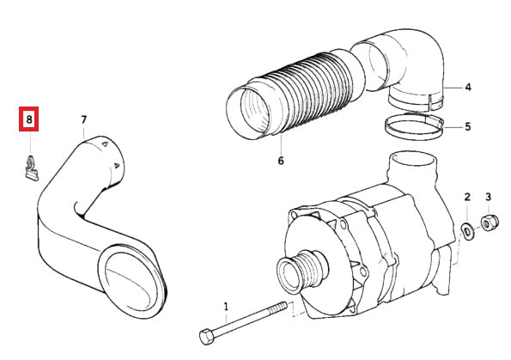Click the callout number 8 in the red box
click(29, 119)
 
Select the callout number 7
click(84, 120)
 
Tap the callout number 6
click(281, 161)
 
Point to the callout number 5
click(468, 126)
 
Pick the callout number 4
click(468, 88)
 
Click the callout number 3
click(488, 197)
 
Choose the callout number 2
click(467, 197)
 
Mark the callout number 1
click(226, 307)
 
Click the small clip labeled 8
click(32, 169)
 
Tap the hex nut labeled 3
click(490, 223)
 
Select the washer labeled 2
click(468, 231)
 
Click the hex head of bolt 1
click(207, 337)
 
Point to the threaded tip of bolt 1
click(283, 307)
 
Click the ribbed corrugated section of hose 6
click(313, 91)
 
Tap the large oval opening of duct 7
click(133, 280)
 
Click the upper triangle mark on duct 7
click(105, 143)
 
